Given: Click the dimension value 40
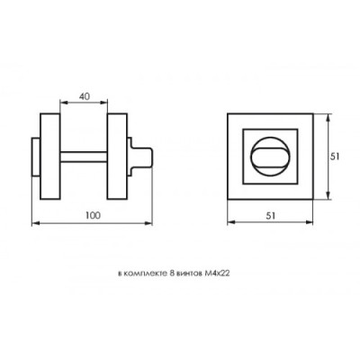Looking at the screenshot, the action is [85, 96].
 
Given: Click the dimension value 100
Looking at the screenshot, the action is [94, 215].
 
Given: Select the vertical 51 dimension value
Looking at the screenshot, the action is [335, 157].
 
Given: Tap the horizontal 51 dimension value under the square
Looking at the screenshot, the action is [271, 215].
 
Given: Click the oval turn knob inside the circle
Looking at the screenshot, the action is [270, 157].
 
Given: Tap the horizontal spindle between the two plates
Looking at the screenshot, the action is [84, 157].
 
